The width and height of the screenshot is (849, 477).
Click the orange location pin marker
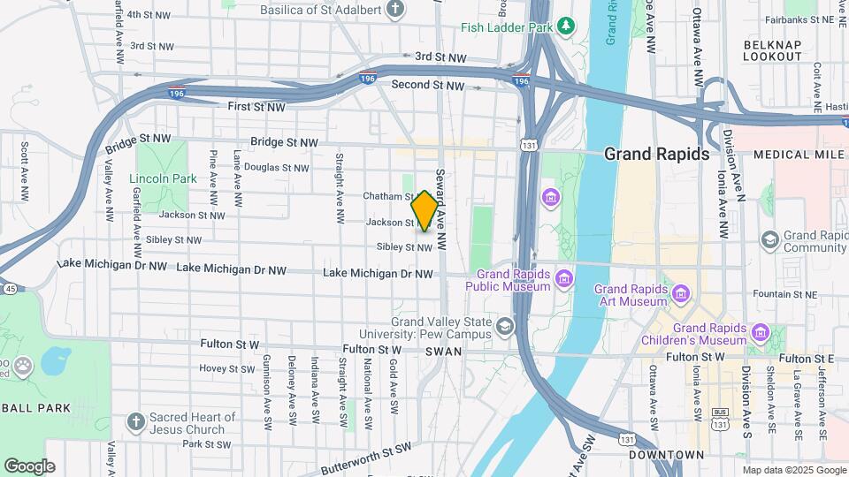[424, 210]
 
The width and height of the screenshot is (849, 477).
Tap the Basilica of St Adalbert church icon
[395, 10]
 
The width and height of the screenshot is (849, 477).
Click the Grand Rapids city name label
[656, 154]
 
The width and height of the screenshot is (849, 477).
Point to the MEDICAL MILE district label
[794, 155]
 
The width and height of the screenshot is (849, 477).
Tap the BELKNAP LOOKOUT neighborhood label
[772, 49]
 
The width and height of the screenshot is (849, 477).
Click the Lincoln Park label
[163, 178]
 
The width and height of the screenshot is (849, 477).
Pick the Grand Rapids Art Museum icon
[680, 293]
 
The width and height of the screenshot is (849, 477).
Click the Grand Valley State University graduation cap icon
[504, 328]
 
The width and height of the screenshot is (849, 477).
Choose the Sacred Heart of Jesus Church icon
[134, 422]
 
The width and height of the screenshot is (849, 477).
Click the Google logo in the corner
[29, 466]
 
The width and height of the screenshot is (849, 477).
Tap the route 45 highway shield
[9, 288]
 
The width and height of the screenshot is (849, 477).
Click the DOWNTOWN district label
[666, 455]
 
